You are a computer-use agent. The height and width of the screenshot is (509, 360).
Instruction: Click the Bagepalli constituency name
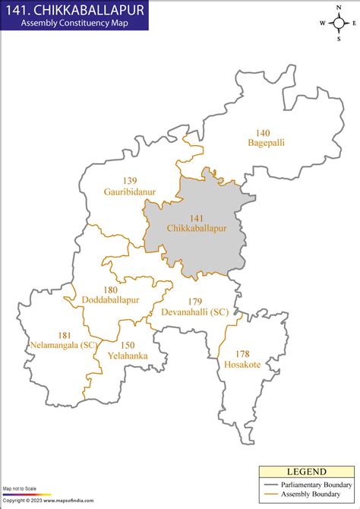pos(266,142)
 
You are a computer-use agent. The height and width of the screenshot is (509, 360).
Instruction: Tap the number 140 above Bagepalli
pos(263,132)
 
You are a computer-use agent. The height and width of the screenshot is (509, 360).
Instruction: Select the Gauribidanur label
pos(130,192)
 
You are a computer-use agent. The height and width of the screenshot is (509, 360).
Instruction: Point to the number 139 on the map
pos(130,181)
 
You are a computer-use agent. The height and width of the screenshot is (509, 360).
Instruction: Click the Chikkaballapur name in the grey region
pos(197,228)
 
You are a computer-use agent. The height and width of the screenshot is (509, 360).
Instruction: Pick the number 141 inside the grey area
pos(197,217)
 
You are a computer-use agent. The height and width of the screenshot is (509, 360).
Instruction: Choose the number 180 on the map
pos(111,289)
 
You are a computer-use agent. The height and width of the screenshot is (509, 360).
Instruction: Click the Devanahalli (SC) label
pos(194,311)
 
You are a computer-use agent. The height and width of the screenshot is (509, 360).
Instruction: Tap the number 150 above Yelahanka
pos(128,345)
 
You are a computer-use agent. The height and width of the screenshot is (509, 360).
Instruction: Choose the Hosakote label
pos(242,365)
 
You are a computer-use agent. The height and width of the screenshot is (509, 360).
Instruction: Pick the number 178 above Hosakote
pos(242,354)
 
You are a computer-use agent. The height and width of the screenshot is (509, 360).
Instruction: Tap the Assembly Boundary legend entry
pos(310,495)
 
